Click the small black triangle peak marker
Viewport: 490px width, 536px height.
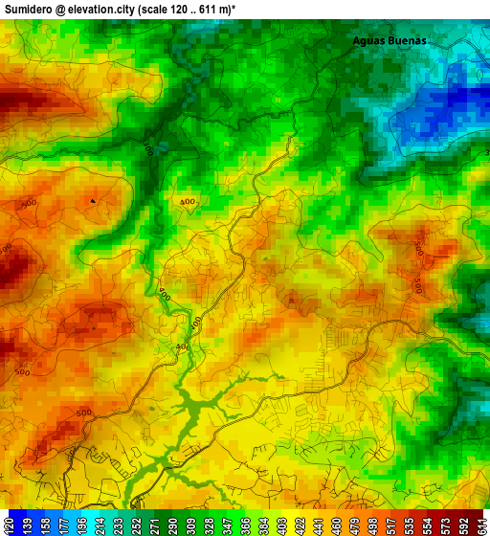coord(93,200)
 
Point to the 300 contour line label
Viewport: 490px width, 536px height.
coord(147,148)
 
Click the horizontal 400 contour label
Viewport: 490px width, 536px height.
coord(188,202)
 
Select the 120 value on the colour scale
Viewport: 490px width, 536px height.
coord(10,524)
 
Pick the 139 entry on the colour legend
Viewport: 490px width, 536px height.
coord(28,524)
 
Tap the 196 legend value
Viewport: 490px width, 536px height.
coord(82,524)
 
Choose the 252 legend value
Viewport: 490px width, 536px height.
coord(136,524)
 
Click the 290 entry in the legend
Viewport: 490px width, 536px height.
coord(172,524)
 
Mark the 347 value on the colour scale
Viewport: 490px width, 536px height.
coord(227,524)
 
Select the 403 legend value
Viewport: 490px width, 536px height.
coord(281,524)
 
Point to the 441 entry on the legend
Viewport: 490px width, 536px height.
coord(318,524)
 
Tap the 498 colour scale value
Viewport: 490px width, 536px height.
coord(371,524)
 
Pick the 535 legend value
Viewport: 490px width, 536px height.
coord(408,524)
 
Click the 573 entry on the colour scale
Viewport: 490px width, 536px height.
coord(444,524)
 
